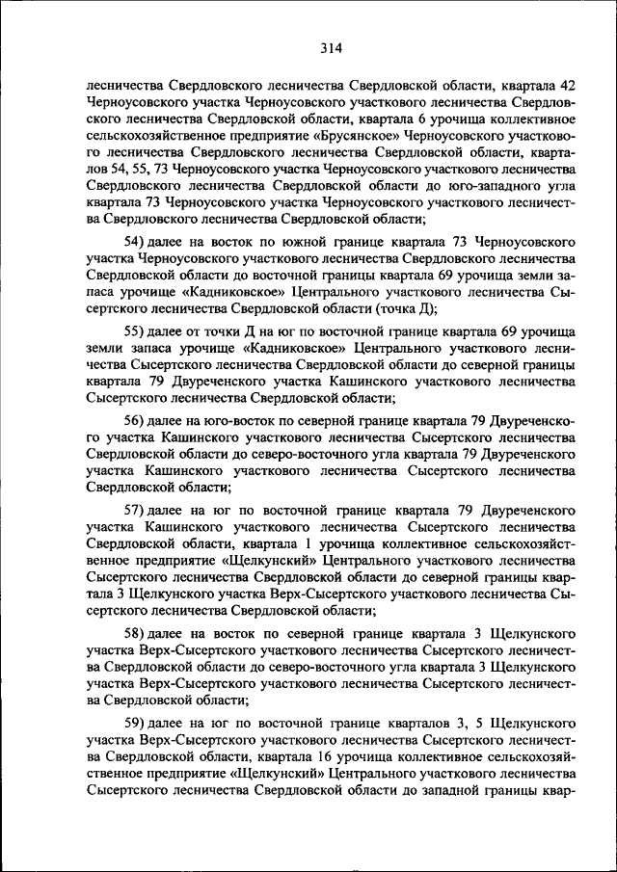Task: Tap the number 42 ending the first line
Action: (x=568, y=85)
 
